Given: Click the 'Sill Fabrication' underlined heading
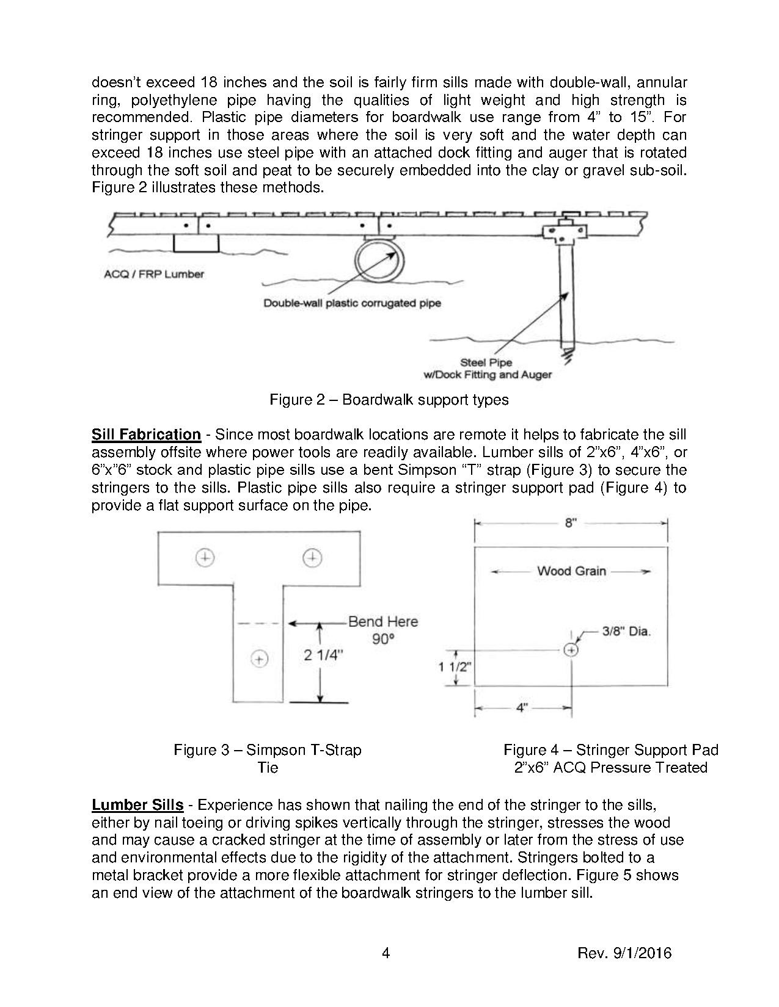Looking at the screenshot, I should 146,435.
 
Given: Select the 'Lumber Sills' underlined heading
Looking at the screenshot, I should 137,805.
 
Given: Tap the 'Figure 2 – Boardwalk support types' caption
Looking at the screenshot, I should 389,400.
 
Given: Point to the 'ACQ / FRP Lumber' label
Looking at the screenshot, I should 154,274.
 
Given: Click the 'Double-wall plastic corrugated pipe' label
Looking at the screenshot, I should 352,303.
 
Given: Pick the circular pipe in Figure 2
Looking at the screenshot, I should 379,260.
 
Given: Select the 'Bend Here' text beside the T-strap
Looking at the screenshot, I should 383,622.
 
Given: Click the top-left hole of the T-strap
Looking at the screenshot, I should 205,557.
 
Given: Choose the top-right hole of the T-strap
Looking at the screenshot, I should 313,557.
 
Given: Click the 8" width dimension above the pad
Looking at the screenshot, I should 571,523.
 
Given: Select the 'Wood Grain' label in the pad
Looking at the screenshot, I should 571,571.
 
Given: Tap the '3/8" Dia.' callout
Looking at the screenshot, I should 626,632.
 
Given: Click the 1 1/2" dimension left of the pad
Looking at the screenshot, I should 455,666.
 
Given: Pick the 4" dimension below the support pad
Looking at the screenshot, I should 522,708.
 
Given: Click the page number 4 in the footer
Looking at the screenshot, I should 386,953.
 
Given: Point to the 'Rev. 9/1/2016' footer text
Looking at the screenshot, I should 624,953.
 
